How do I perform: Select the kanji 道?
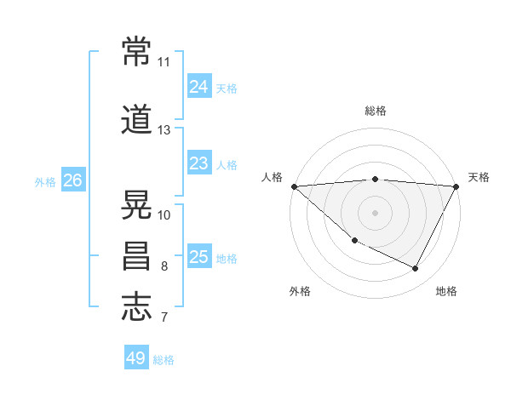pyautogui.click(x=137, y=120)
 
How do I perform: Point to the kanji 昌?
pyautogui.click(x=137, y=255)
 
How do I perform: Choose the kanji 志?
pyautogui.click(x=137, y=306)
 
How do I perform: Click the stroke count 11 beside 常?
pyautogui.click(x=164, y=62)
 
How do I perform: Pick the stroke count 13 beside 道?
pyautogui.click(x=164, y=130)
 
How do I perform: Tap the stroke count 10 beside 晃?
pyautogui.click(x=164, y=214)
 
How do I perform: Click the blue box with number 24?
pyautogui.click(x=198, y=86)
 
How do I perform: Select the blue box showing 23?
pyautogui.click(x=198, y=163)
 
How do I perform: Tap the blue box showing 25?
pyautogui.click(x=198, y=256)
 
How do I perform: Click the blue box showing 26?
pyautogui.click(x=72, y=180)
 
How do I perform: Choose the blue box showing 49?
pyautogui.click(x=136, y=358)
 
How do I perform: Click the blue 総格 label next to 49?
pyautogui.click(x=164, y=360)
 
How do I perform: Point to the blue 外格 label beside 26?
pyautogui.click(x=45, y=181)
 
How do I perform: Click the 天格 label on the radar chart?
pyautogui.click(x=479, y=177)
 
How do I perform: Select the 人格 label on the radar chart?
pyautogui.click(x=272, y=177)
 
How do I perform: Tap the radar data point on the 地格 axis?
pyautogui.click(x=416, y=269)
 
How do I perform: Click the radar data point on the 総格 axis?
pyautogui.click(x=376, y=179)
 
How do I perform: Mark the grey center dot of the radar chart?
pyautogui.click(x=376, y=212)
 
